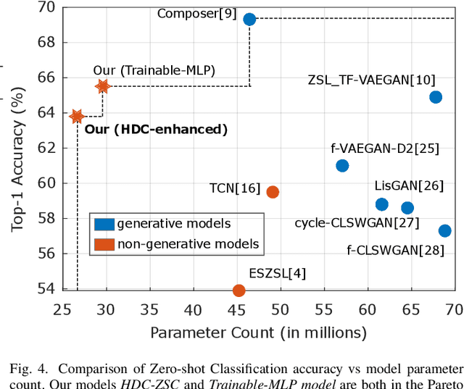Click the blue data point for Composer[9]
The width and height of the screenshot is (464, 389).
(249, 20)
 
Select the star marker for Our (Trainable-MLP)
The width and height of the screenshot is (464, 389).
(102, 86)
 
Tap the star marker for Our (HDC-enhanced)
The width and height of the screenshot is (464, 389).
(76, 116)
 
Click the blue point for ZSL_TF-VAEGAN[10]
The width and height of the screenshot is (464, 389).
(436, 97)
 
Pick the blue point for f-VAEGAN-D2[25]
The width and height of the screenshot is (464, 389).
(342, 166)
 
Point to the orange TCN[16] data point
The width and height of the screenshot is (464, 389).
(273, 192)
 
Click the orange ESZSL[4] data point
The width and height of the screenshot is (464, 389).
(239, 290)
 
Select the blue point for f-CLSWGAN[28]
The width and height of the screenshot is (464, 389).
(444, 231)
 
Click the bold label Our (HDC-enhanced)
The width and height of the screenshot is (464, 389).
(157, 130)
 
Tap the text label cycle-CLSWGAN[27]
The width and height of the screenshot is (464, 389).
(357, 222)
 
